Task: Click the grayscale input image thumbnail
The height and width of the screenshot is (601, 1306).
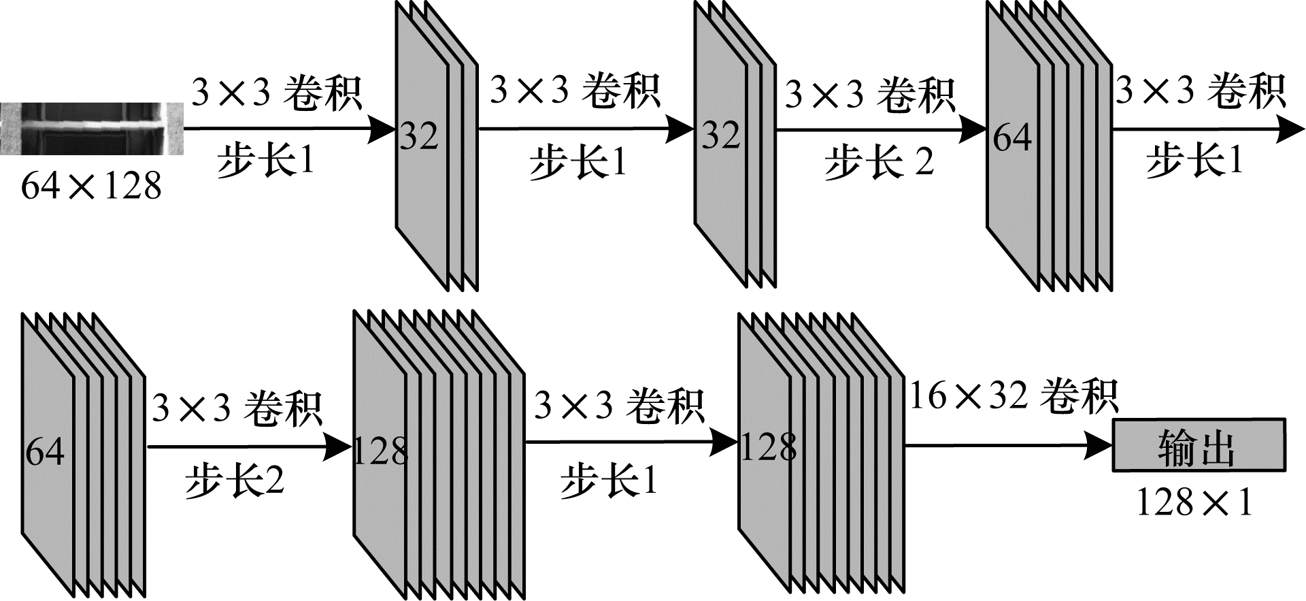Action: point(92,129)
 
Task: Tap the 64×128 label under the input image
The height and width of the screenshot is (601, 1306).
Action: point(91,185)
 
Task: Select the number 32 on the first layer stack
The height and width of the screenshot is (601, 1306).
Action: point(418,136)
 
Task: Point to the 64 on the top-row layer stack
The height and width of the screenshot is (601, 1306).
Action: point(1012,137)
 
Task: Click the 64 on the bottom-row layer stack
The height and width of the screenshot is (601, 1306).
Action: point(45,451)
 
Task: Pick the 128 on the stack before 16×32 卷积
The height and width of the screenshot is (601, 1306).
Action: point(768,447)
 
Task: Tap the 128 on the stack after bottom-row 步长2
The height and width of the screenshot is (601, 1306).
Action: point(380,451)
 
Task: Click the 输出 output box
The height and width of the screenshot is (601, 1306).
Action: point(1199,446)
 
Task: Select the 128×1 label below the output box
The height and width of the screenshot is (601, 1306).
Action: point(1194,502)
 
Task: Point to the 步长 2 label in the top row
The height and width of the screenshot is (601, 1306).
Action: point(879,163)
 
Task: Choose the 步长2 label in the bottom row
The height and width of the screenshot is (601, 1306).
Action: point(234,481)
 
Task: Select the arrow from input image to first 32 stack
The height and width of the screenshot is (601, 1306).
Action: point(286,129)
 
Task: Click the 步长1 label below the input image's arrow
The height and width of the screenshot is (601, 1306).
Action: point(266,161)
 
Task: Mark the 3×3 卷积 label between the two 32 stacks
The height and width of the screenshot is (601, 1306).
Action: point(575,91)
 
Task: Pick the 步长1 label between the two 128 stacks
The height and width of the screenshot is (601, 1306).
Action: point(609,481)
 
